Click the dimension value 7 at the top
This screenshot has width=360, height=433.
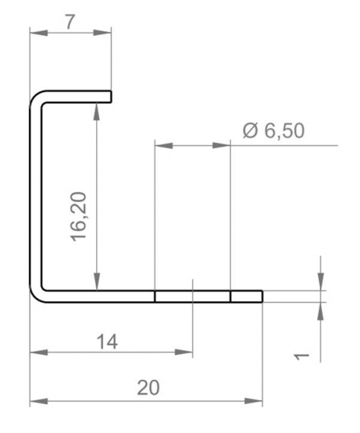click(x=70, y=22)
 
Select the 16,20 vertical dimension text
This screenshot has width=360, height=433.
click(x=79, y=216)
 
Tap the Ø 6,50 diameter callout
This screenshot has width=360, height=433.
click(x=273, y=131)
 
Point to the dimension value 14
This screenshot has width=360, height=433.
click(x=107, y=341)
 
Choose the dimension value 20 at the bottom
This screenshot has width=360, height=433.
click(x=148, y=388)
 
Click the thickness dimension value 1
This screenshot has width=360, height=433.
click(x=301, y=357)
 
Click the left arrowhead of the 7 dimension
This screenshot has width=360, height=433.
click(x=39, y=32)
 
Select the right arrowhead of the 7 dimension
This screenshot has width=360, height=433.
click(x=102, y=32)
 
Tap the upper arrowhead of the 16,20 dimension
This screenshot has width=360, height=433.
click(x=97, y=112)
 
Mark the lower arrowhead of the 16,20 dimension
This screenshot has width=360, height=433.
click(x=97, y=281)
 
